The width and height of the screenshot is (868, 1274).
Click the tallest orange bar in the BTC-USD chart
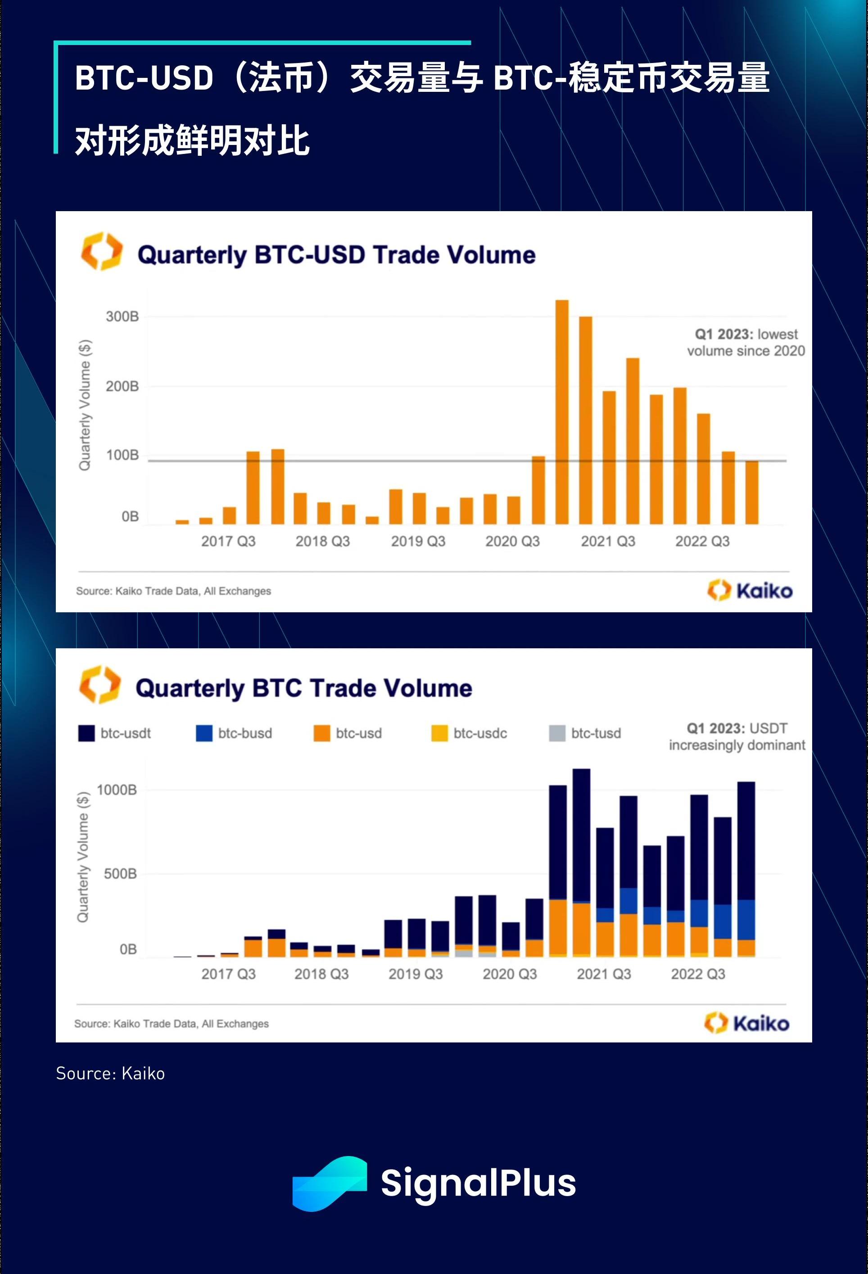point(561,411)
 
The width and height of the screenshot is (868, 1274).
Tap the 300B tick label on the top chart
point(122,316)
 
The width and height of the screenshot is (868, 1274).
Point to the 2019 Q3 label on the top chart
point(418,541)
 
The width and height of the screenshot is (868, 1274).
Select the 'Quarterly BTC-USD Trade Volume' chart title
point(336,255)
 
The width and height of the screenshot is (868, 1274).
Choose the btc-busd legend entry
point(234,733)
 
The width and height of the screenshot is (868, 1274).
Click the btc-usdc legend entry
point(470,733)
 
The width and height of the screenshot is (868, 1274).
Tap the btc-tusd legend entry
point(585,733)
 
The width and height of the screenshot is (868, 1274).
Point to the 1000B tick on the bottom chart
point(117,790)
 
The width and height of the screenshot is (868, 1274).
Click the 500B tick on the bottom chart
point(120,873)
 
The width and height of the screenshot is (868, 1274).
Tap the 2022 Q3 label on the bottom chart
point(698,974)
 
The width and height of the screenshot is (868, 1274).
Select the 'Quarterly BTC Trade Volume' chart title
point(304,688)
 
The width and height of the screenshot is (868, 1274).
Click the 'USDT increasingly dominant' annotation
point(737,737)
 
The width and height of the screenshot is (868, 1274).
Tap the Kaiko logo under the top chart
point(750,590)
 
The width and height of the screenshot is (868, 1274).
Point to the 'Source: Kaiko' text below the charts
point(110,1073)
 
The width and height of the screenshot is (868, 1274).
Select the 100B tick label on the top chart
point(122,455)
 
